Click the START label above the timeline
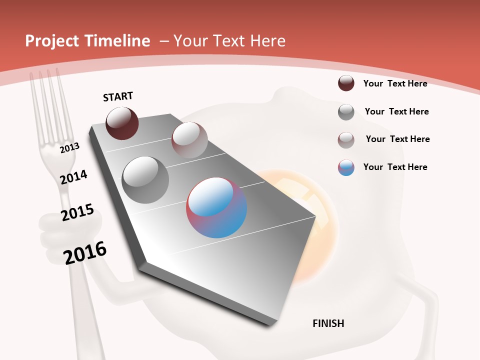point(118,96)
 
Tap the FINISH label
point(328,323)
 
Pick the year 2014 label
point(73,177)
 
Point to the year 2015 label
point(77,212)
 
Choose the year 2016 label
point(85,253)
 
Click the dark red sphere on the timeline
point(122,123)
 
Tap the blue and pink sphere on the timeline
point(216,207)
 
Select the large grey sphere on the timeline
point(145,179)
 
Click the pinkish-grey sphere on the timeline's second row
point(189,140)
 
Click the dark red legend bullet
point(346,83)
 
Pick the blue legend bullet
point(346,167)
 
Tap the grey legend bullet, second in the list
point(346,112)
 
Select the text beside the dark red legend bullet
point(395,83)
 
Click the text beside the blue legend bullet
point(395,167)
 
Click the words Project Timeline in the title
point(87,41)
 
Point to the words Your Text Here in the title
point(229,41)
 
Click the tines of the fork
point(48,100)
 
